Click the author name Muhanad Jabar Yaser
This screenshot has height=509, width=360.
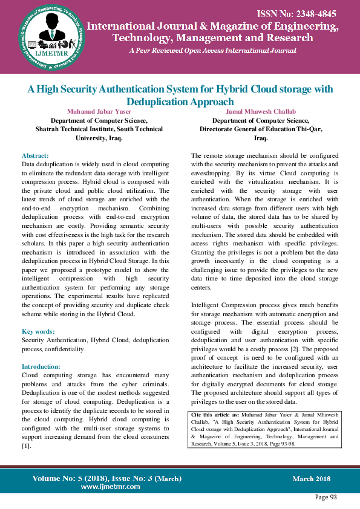tap(99, 112)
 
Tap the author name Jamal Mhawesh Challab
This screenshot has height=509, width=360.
tap(261, 112)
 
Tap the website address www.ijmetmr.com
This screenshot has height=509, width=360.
tap(110, 486)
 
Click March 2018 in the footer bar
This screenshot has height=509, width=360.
tap(311, 479)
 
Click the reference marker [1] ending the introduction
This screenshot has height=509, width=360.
tap(26, 446)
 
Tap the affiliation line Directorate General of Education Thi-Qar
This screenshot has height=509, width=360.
tap(261, 129)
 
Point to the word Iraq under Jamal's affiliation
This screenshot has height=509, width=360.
tap(261, 138)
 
